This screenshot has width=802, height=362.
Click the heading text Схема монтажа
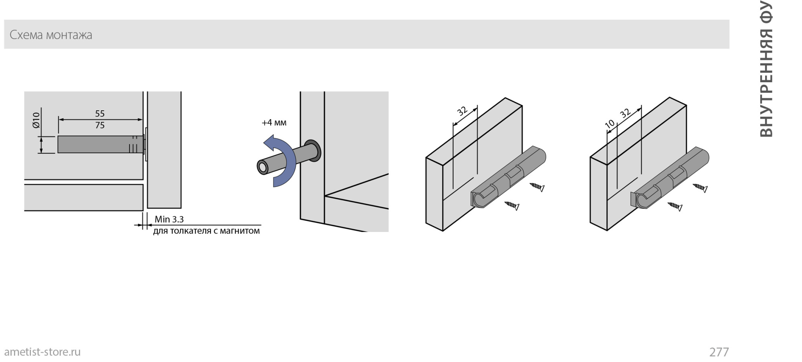(x=51, y=35)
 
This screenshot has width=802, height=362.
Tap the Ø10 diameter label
(x=36, y=120)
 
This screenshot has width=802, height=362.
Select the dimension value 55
(x=100, y=114)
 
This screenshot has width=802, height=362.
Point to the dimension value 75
(x=100, y=125)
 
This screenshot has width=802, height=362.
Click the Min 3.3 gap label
(x=169, y=219)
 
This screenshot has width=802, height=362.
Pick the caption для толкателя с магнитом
(x=207, y=231)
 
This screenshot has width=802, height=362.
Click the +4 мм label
(x=274, y=122)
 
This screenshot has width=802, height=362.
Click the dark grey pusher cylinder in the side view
(x=100, y=144)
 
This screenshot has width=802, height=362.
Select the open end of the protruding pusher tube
(x=263, y=167)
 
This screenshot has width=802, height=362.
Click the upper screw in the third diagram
(x=537, y=187)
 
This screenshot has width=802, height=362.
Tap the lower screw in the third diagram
(x=512, y=206)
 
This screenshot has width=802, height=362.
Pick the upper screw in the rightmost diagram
(x=701, y=187)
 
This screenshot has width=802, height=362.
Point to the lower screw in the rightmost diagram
(x=675, y=206)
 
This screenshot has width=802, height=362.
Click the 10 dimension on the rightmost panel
(x=610, y=124)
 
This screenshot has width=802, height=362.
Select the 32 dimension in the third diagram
(x=462, y=111)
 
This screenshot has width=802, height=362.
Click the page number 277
(x=719, y=352)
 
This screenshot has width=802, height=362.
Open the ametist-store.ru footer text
(x=43, y=352)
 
